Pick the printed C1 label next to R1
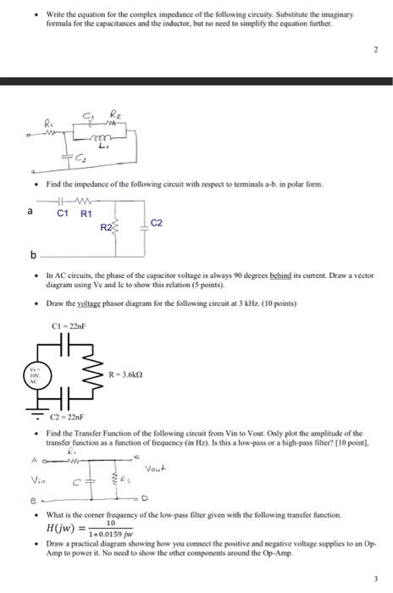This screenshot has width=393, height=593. [62, 213]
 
